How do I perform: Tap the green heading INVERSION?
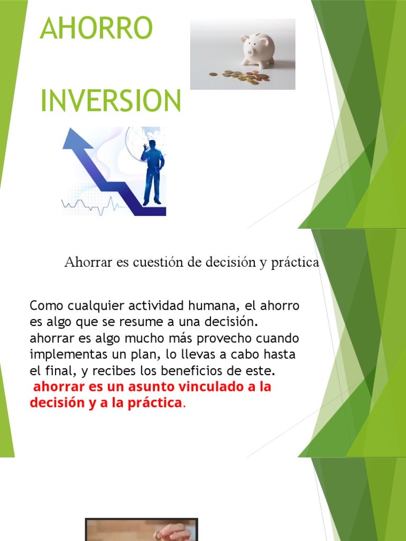pos(111,100)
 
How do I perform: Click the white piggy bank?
pos(258,50)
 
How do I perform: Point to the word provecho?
pos(216,337)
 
